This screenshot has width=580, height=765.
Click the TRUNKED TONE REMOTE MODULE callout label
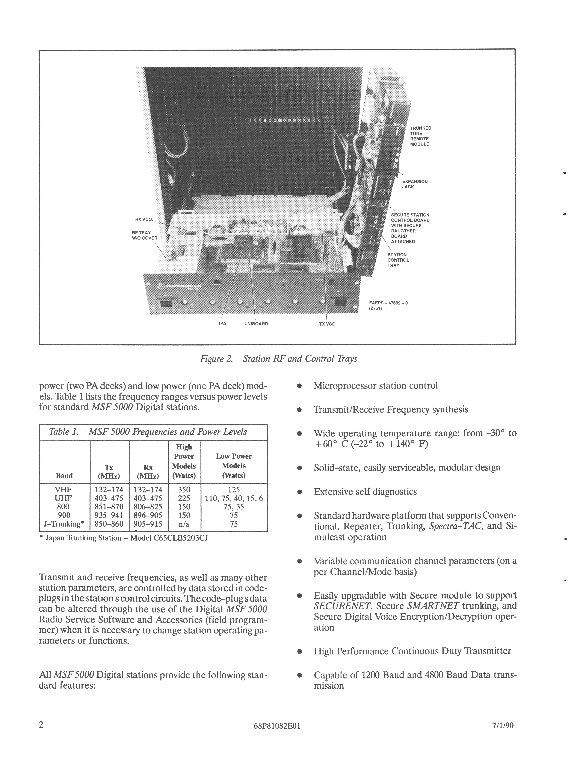point(420,136)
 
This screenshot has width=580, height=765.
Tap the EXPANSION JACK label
point(414,184)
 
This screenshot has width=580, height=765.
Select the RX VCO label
point(143,219)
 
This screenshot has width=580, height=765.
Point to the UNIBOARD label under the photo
point(256,324)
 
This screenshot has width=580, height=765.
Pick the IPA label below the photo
point(223,324)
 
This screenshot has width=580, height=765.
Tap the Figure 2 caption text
point(279,359)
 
